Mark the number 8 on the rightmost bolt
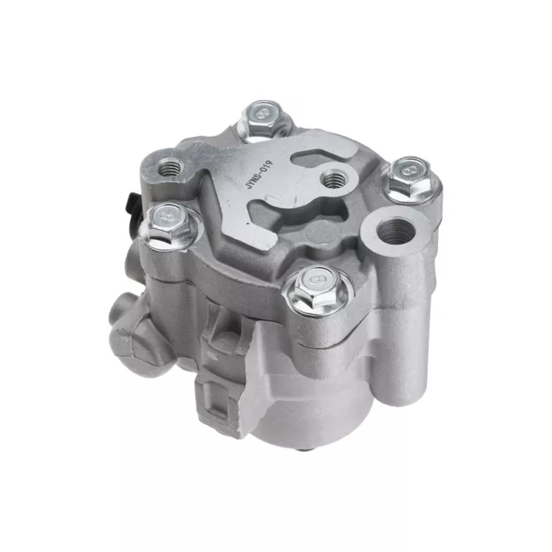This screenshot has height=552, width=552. pos(411,169)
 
